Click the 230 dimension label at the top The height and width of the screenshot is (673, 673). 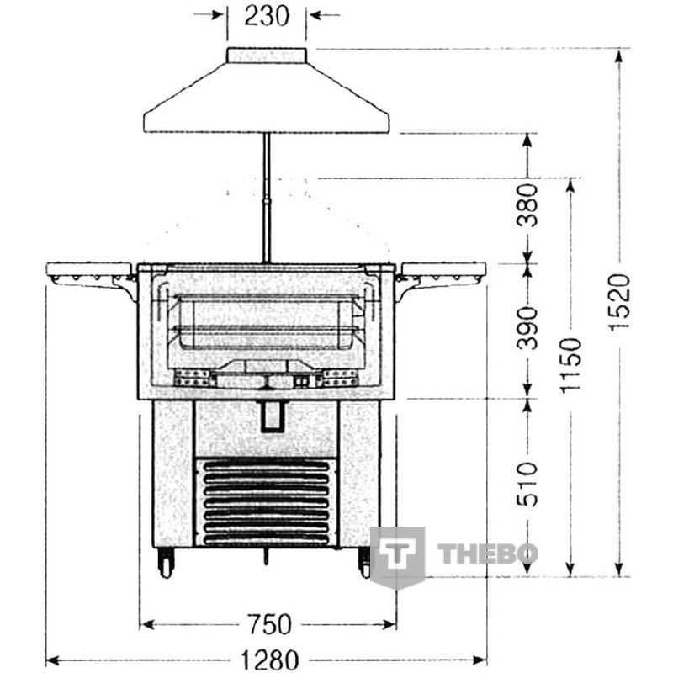click(267, 16)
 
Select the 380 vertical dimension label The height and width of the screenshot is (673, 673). click(527, 205)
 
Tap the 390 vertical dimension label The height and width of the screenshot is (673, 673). click(527, 327)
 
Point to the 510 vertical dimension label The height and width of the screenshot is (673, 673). click(527, 485)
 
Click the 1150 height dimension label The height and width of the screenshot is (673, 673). click(570, 365)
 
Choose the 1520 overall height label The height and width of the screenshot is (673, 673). click(620, 302)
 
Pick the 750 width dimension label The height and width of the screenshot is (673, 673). click(270, 624)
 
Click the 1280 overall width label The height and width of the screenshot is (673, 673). click(269, 660)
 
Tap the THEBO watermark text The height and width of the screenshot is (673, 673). click(488, 554)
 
